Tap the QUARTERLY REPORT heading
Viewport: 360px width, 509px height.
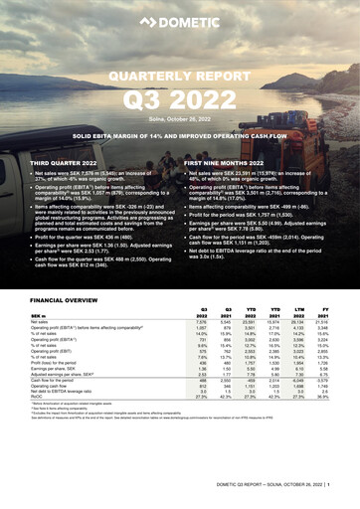pos(179,76)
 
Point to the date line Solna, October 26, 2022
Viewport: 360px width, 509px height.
pos(179,116)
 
